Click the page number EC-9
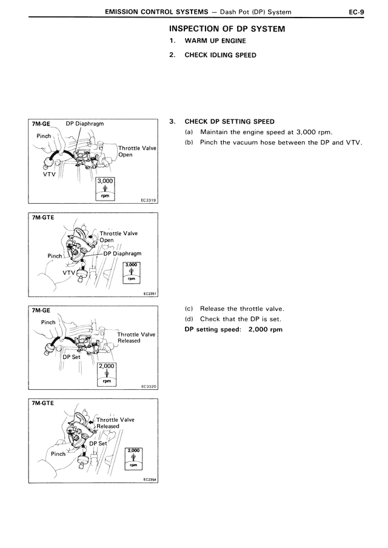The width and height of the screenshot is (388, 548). click(356, 12)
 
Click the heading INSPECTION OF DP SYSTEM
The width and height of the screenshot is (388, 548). click(227, 29)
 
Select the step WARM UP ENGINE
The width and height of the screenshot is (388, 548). click(215, 41)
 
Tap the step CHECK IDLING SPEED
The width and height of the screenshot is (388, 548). click(220, 55)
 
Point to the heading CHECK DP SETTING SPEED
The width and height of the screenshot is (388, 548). click(230, 122)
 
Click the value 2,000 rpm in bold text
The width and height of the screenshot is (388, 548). click(266, 330)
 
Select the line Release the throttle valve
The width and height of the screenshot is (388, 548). click(242, 309)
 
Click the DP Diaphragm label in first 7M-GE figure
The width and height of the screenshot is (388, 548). click(85, 124)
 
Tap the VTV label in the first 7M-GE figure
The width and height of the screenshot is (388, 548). click(49, 174)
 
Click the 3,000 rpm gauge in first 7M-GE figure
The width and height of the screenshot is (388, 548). click(105, 189)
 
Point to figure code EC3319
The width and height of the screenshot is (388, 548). click(148, 201)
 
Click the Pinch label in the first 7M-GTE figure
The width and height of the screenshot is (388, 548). click(55, 256)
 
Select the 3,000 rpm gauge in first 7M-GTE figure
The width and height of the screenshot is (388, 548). click(132, 272)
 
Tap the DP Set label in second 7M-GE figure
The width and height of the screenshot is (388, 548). click(72, 357)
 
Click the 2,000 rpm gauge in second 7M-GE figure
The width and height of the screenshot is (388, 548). click(107, 374)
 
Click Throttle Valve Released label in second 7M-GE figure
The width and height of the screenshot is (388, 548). click(136, 338)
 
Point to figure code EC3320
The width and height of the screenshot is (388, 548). click(149, 387)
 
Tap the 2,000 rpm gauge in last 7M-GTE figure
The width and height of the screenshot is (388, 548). click(133, 458)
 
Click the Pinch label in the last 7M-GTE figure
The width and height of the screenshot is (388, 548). click(58, 454)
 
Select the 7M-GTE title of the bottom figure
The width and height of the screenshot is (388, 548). click(43, 403)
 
